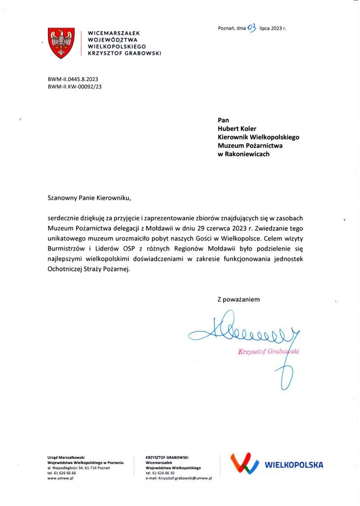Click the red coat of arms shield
click(61, 43)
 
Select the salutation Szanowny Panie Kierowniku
click(89, 198)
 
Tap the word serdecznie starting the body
click(62, 218)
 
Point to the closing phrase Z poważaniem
click(239, 299)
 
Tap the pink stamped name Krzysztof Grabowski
click(269, 352)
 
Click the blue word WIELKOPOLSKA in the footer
click(294, 465)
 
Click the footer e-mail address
click(179, 478)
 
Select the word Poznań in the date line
click(226, 28)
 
